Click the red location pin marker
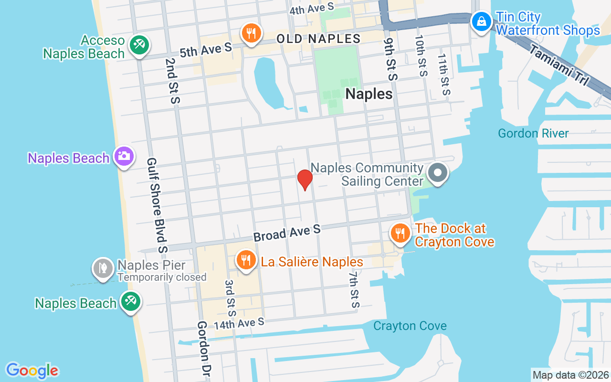(305, 179)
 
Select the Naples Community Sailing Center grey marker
(437, 173)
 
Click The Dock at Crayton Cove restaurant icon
(400, 233)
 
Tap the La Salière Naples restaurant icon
(246, 260)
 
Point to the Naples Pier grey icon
(103, 268)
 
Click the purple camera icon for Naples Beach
(124, 156)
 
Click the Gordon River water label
(533, 133)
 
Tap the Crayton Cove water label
(410, 326)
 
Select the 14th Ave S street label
(239, 324)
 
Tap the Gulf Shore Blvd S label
(157, 205)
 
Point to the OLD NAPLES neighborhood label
(318, 39)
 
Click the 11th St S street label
(444, 74)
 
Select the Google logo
(32, 371)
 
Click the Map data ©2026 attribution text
(571, 375)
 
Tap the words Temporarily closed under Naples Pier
(162, 277)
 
